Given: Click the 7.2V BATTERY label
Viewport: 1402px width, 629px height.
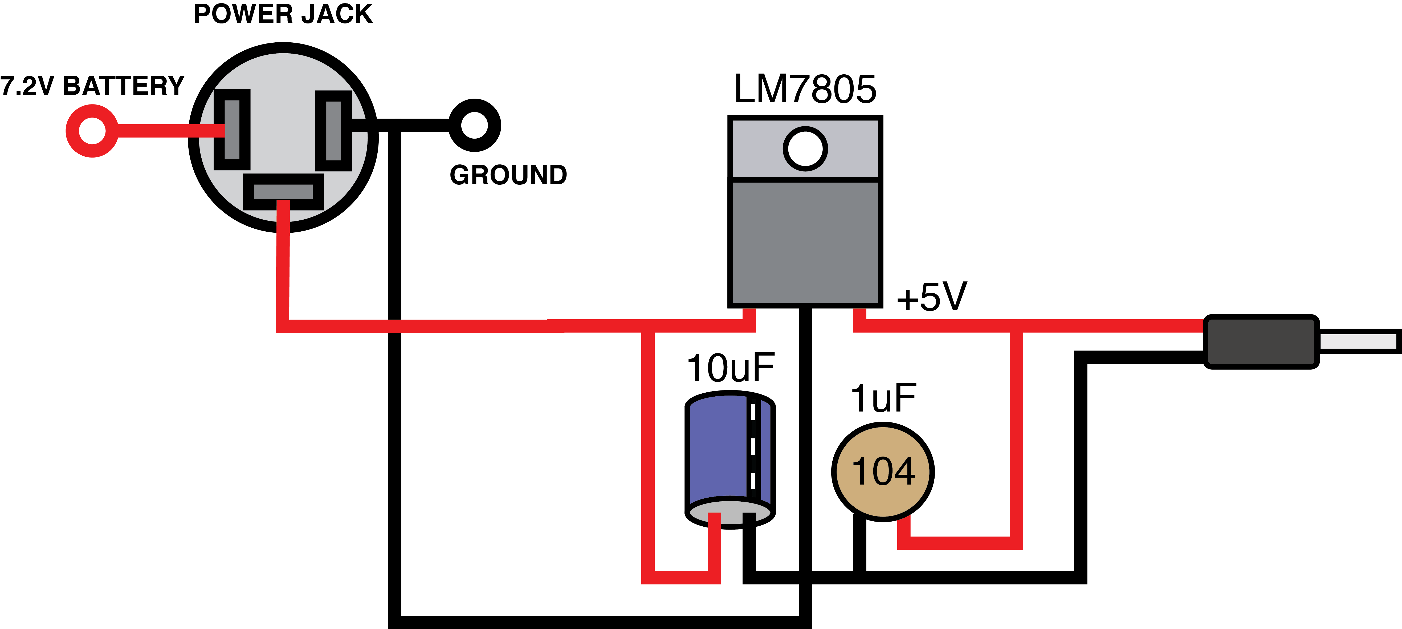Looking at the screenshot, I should click(92, 86).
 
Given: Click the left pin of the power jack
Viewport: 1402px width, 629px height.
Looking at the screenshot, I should click(232, 130).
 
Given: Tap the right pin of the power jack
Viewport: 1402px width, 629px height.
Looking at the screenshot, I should click(334, 131).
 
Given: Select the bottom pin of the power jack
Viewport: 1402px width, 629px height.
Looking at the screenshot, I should click(283, 192).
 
